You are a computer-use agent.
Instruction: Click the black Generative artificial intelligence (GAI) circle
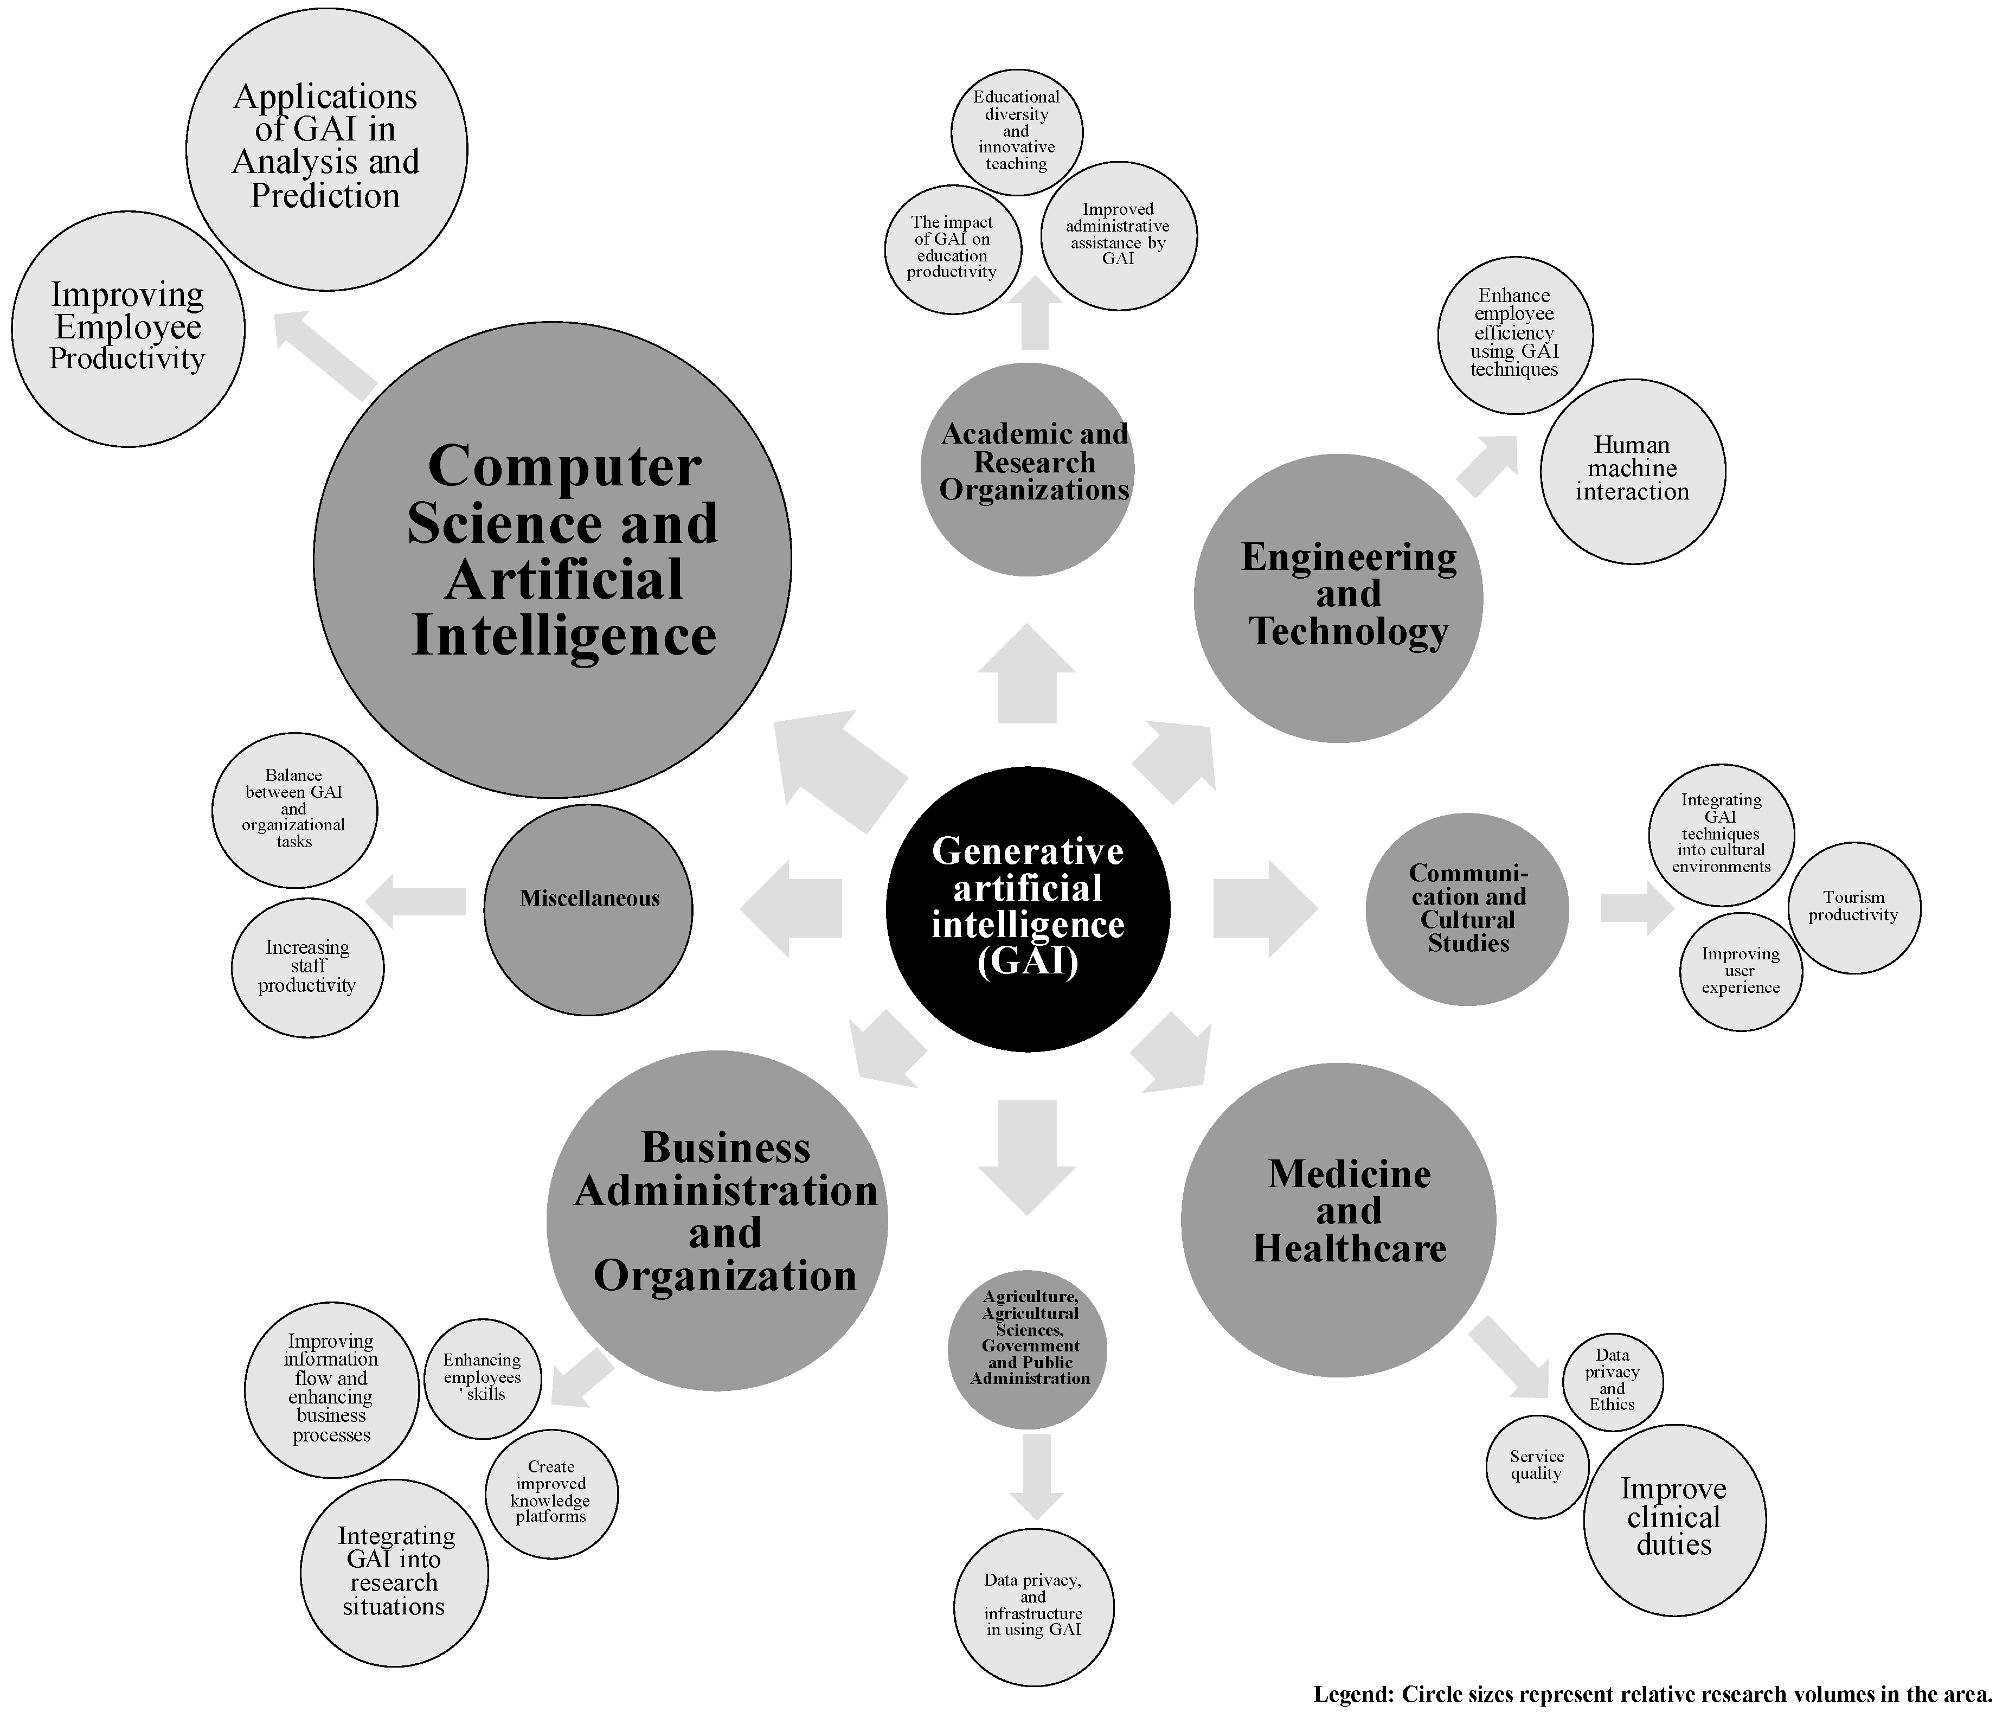pos(1028,908)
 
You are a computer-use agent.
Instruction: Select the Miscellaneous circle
pos(588,909)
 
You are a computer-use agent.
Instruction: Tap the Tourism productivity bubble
pos(1854,907)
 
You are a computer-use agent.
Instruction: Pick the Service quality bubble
pos(1537,1465)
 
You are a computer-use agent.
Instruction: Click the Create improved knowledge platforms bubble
pos(551,1493)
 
